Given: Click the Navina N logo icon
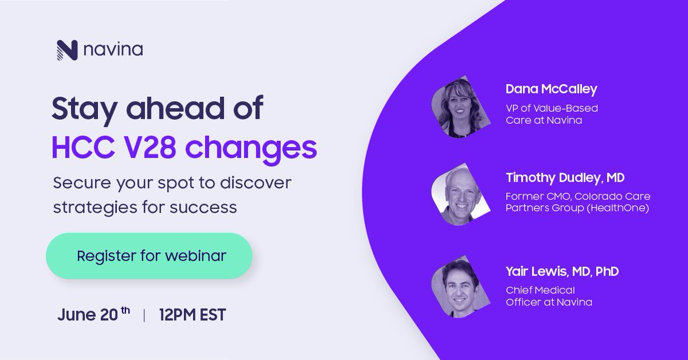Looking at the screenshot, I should pos(67,50).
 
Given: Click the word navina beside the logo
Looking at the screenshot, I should pos(113,51).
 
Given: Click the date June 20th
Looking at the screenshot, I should pos(93,314).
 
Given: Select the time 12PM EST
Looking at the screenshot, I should pos(193,315).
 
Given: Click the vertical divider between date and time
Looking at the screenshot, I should pos(144,315).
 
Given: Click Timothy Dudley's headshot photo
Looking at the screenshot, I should pos(460,195).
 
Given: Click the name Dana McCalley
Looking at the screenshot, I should pos(551,89).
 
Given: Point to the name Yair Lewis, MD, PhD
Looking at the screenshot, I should pos(562,271).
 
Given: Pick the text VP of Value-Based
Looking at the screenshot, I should pos(552,108).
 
